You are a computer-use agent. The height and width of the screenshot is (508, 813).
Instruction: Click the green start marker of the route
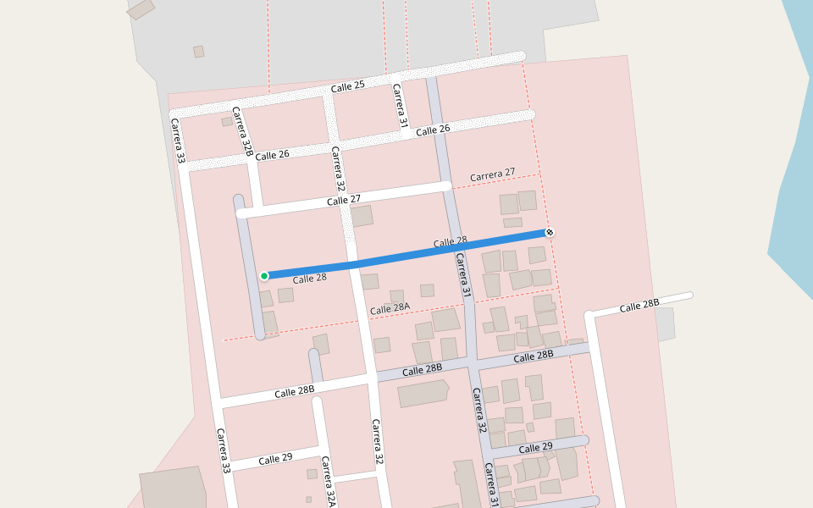coord(264,276)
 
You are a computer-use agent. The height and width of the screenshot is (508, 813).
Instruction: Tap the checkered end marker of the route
coord(550,232)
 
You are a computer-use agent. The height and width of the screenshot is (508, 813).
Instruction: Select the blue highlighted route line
coord(406,254)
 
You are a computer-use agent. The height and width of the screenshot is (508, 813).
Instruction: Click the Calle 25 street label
coord(347,86)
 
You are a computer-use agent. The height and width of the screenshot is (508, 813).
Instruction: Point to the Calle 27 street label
coord(344,201)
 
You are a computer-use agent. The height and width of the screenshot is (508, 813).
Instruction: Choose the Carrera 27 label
coord(492,174)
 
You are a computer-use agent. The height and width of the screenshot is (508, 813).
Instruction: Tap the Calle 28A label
coord(390,309)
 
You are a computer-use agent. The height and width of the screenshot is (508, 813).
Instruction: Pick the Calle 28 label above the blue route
coord(450,242)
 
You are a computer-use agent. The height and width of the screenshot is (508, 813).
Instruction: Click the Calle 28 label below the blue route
coord(309,279)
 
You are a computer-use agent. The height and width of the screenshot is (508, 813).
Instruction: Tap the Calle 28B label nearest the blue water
coord(639,306)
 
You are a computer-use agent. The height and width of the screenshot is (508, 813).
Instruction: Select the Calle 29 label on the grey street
coord(535,447)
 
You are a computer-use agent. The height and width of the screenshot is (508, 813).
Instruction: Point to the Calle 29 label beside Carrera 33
coord(275,459)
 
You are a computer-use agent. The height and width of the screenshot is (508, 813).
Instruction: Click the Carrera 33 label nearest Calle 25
coord(178,141)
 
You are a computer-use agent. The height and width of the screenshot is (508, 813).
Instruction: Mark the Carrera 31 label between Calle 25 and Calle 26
coord(399,106)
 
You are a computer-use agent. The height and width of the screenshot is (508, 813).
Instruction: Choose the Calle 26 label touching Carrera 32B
coord(272,155)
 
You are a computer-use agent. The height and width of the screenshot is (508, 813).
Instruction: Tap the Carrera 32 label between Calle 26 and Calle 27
coord(338,169)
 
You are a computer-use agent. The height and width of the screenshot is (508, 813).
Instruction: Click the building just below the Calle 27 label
coord(362,216)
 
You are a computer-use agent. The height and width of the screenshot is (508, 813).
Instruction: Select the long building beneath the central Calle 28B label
coord(423,394)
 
